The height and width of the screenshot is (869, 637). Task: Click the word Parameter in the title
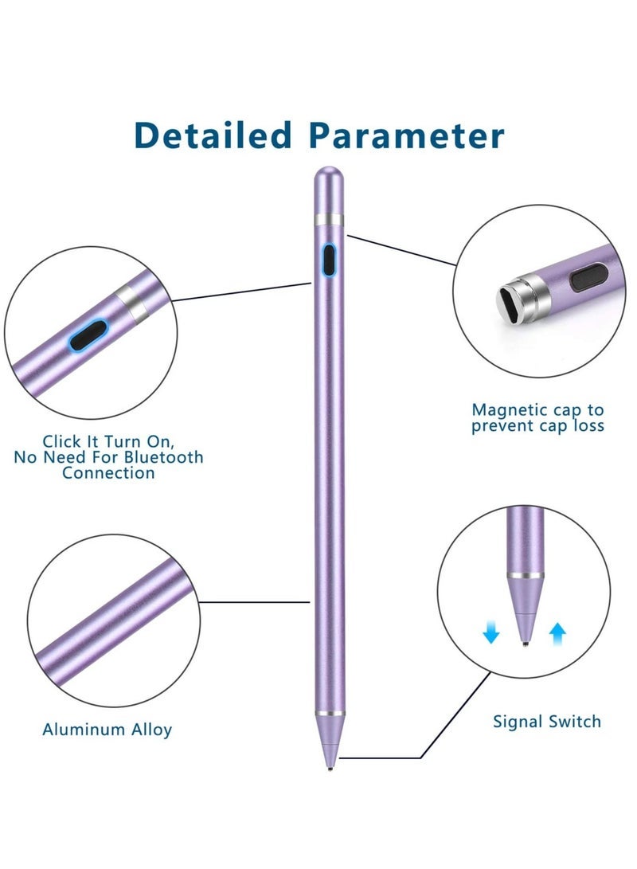coord(407,135)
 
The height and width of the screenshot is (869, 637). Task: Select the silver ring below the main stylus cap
coord(328,219)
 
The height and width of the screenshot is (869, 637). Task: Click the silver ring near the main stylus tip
coord(329,714)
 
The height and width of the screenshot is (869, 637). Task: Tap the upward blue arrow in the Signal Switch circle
coord(558,633)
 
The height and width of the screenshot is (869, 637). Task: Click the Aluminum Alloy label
coord(107,729)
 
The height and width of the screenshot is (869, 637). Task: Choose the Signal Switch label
coord(546,722)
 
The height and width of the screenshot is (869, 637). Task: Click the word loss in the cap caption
coord(584,426)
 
